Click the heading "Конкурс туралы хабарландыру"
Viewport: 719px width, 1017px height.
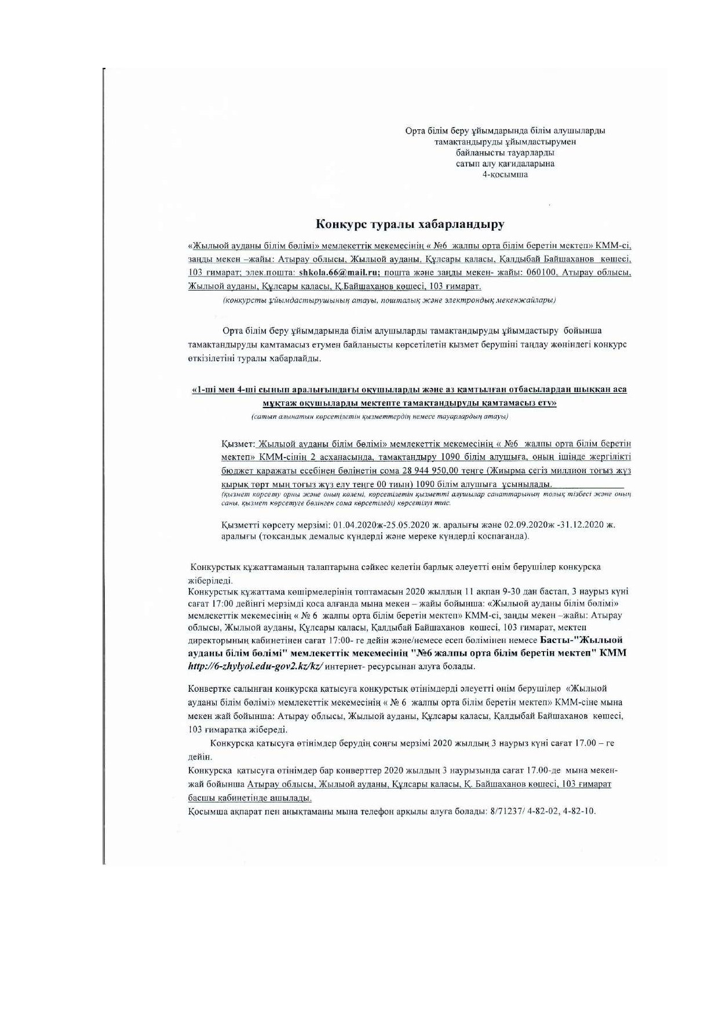click(410, 224)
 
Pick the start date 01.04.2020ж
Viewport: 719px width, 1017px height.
click(358, 524)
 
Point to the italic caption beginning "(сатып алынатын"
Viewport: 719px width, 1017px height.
click(380, 416)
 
